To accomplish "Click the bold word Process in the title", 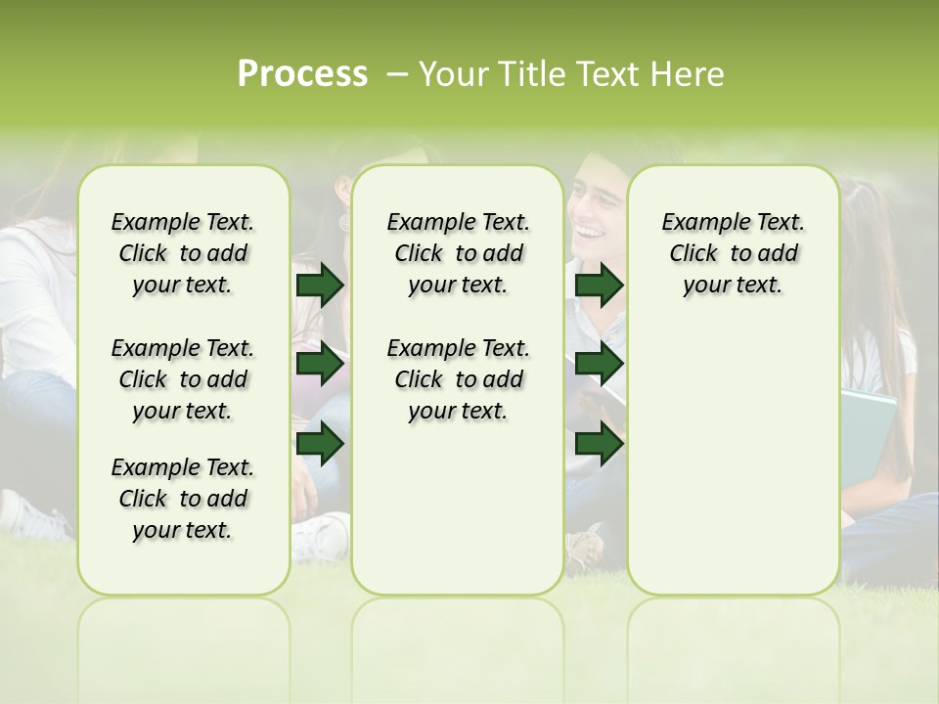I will [302, 74].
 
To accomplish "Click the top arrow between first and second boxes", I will [320, 286].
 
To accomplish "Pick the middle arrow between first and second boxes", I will [320, 365].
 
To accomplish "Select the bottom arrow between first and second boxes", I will [320, 444].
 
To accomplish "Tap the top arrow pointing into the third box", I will [599, 286].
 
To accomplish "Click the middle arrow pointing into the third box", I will [599, 365].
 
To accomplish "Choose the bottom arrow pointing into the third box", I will [599, 444].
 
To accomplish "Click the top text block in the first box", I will [183, 253].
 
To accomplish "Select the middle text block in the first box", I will [183, 379].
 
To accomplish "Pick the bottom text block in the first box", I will [183, 499].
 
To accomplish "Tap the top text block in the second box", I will [458, 253].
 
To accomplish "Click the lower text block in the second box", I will [458, 379].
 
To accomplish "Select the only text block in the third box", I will [733, 253].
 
